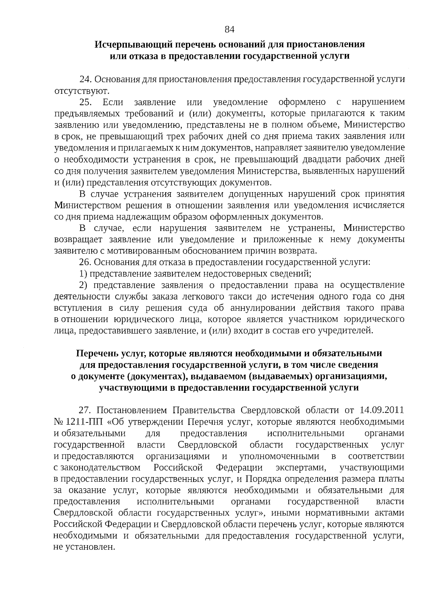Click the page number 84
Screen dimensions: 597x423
(x=229, y=30)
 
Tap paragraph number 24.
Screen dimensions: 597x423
(x=86, y=79)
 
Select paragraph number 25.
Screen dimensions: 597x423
(x=86, y=102)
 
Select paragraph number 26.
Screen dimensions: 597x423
(x=86, y=262)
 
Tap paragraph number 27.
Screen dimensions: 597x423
(x=86, y=411)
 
